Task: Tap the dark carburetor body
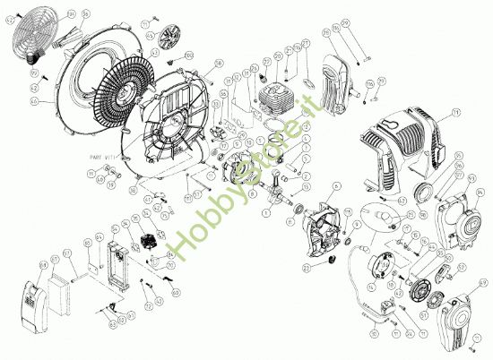tap(147, 243)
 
